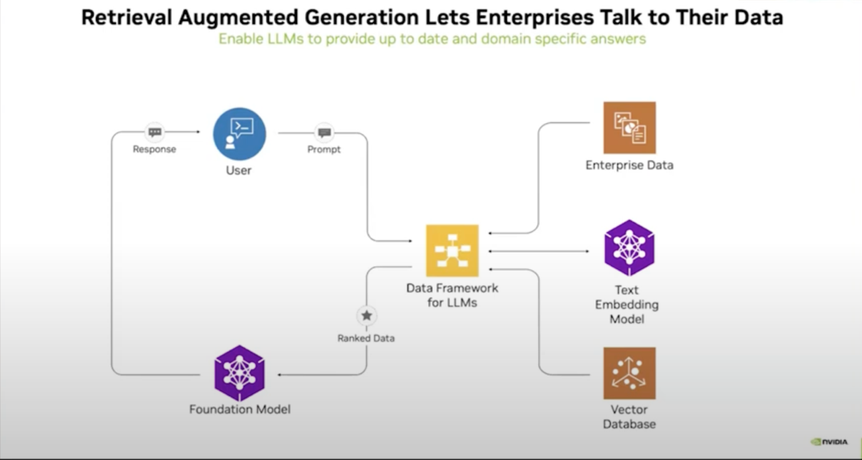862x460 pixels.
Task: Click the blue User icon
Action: pos(240,134)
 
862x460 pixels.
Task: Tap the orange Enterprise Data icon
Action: pos(629,128)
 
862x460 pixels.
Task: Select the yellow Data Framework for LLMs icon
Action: pos(452,250)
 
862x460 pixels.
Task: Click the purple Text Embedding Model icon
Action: pos(629,248)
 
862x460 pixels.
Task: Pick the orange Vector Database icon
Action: pos(629,373)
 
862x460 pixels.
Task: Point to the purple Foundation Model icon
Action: pos(240,374)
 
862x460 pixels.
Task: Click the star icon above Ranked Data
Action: pos(367,315)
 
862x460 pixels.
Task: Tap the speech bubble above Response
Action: pos(155,132)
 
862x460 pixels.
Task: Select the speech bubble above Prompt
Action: pos(324,133)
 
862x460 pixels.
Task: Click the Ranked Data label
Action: pos(366,338)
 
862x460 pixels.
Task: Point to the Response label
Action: pos(155,149)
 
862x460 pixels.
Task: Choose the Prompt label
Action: pos(323,150)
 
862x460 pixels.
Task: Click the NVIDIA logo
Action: pos(829,442)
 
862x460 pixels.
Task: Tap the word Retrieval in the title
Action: pos(126,18)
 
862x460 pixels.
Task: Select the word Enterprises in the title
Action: pos(534,18)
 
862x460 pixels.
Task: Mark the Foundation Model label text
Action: pos(240,409)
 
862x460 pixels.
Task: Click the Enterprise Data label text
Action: pos(629,165)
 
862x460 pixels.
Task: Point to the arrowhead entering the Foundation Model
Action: pos(279,374)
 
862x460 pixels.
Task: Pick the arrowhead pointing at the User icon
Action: pos(198,131)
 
